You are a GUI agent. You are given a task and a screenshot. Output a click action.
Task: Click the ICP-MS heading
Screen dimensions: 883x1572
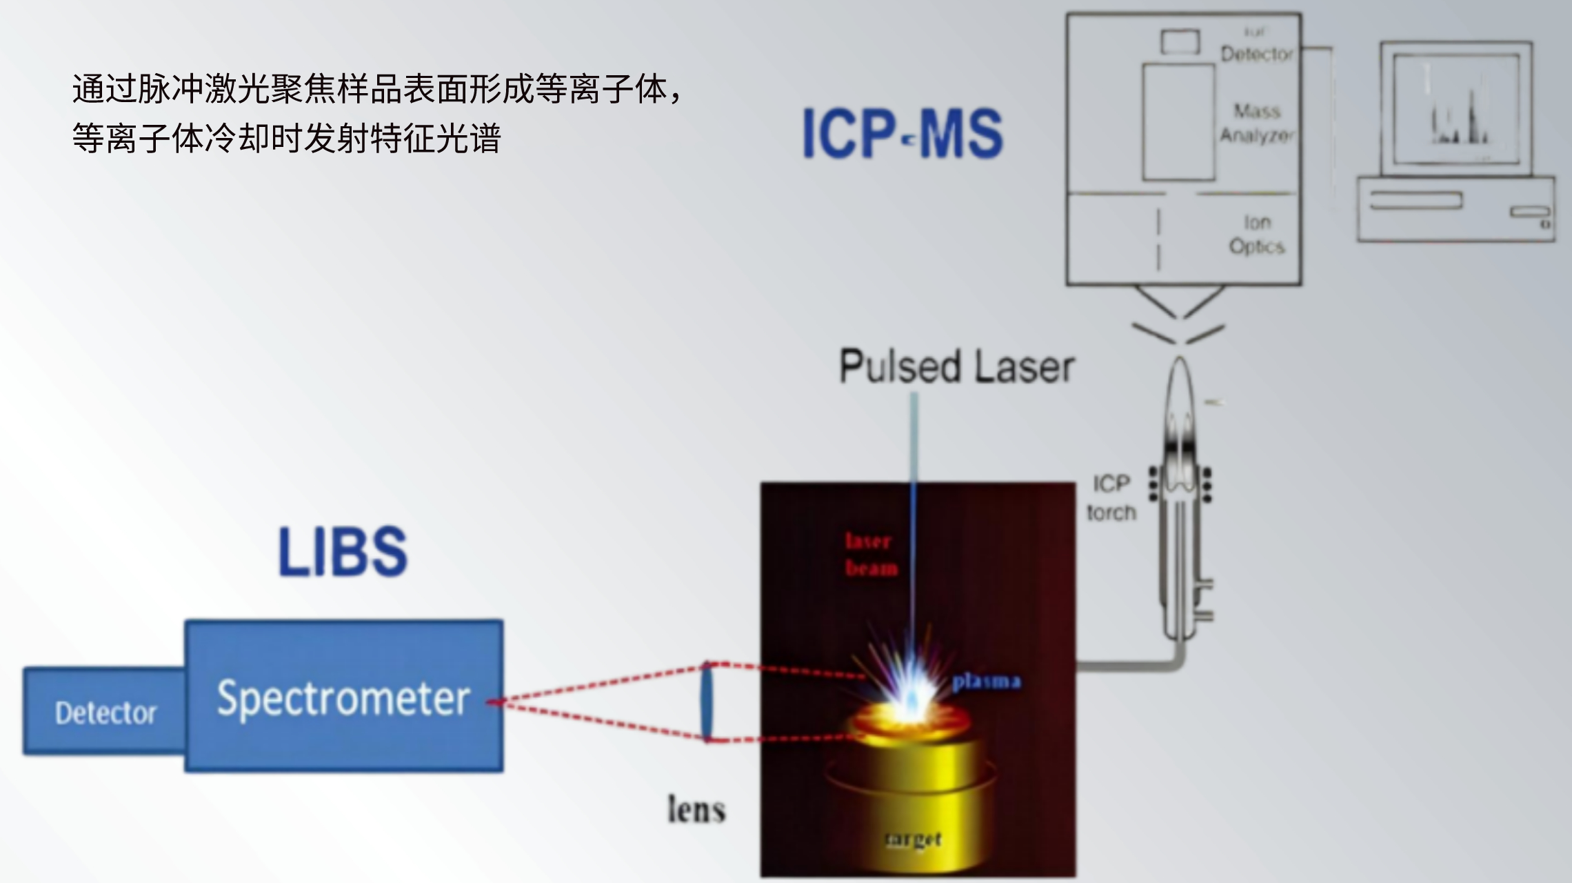tap(902, 134)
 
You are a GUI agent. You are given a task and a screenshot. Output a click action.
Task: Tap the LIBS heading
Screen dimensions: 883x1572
tap(343, 551)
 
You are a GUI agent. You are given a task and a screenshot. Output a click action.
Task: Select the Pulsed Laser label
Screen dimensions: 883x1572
tap(956, 366)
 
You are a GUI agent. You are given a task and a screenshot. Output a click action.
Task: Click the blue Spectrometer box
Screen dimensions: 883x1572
tap(343, 696)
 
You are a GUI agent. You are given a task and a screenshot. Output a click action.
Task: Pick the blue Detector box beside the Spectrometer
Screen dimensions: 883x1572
tap(105, 712)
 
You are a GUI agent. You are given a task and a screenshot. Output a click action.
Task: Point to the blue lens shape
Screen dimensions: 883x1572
tap(707, 702)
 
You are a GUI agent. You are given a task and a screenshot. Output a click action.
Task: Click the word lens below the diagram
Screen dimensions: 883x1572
tap(696, 809)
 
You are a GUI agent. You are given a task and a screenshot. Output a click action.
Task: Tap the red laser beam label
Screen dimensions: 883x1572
tap(871, 554)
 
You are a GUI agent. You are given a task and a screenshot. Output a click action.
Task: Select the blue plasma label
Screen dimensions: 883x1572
tap(986, 682)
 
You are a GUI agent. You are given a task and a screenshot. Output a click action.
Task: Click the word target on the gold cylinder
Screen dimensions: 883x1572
tap(913, 839)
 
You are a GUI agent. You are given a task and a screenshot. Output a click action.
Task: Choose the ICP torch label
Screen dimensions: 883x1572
tap(1111, 497)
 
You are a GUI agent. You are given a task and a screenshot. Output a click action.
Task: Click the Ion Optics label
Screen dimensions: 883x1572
tap(1257, 235)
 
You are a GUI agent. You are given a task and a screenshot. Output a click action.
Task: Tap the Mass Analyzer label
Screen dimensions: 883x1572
tap(1257, 123)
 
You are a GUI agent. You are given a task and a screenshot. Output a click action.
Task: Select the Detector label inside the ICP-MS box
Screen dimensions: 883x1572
tap(1256, 54)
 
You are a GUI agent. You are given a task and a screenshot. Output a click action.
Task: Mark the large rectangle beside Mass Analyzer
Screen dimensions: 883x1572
tap(1178, 121)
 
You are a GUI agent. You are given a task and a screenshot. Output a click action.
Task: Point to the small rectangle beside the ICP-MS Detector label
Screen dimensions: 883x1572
tap(1180, 41)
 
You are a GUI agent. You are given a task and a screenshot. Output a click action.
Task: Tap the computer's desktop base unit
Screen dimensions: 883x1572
tap(1455, 208)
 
